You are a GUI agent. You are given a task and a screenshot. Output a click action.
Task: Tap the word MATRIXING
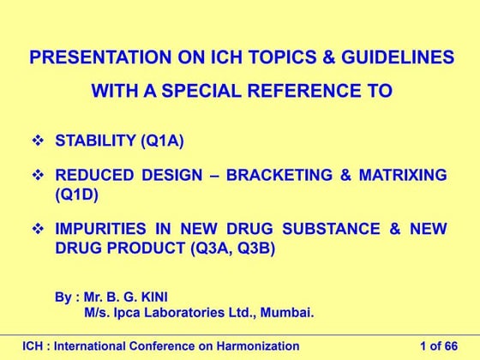click(x=406, y=176)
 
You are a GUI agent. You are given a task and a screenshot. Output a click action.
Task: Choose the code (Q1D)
click(x=76, y=194)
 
